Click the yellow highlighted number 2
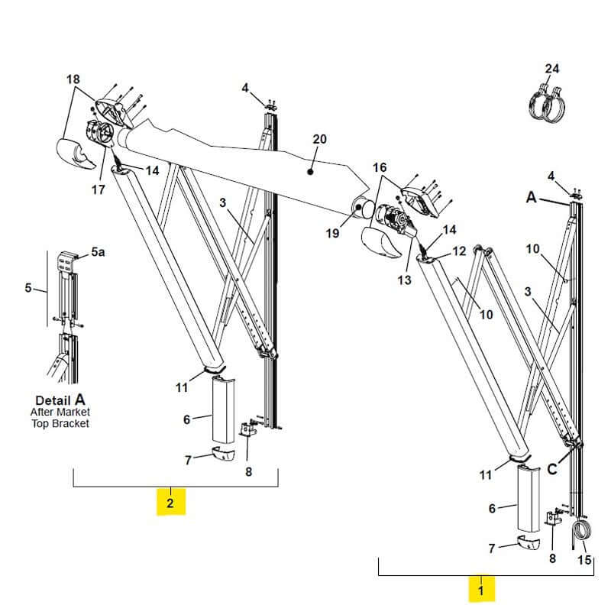click(x=170, y=503)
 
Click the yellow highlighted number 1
click(x=480, y=590)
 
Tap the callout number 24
click(x=551, y=69)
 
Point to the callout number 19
click(x=332, y=234)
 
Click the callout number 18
click(x=73, y=79)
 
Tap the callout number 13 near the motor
click(x=404, y=280)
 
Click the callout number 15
click(x=584, y=560)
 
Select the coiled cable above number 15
click(x=583, y=532)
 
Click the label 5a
click(x=99, y=251)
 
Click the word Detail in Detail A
click(x=53, y=400)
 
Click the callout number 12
click(x=458, y=251)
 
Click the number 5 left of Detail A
click(x=28, y=288)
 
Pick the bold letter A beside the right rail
click(x=532, y=196)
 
